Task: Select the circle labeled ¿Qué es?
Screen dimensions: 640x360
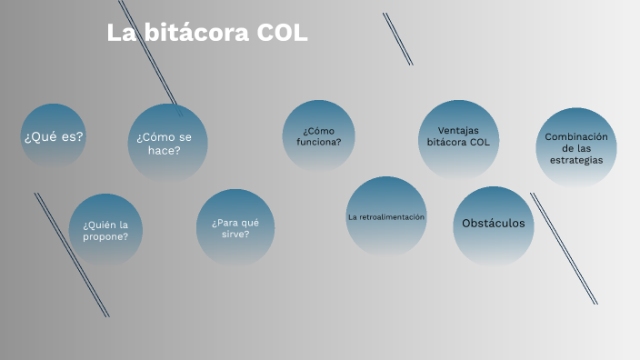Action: pos(54,136)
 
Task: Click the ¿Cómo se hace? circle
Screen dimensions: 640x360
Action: pos(167,143)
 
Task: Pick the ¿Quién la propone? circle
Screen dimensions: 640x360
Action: pos(105,230)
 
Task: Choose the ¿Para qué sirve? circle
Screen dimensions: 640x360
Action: pos(235,227)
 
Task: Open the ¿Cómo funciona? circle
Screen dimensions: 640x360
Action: pos(318,136)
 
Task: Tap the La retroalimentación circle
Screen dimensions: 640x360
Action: pos(386,216)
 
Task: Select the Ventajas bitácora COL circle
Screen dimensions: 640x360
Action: pos(458,137)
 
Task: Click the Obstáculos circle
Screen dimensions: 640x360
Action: pos(494,225)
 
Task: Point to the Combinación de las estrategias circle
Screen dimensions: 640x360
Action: pos(575,148)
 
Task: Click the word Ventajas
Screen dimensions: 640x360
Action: pos(458,130)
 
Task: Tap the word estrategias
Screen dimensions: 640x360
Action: pos(575,160)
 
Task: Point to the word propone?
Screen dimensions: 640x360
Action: pos(105,236)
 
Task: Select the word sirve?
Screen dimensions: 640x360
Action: pos(235,234)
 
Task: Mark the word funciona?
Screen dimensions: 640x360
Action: pos(318,142)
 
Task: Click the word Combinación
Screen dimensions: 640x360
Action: pos(575,136)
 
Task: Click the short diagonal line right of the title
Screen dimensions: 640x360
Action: pos(397,38)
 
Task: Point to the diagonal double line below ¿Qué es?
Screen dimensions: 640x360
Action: pos(72,255)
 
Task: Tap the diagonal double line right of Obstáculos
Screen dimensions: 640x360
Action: pos(564,247)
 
